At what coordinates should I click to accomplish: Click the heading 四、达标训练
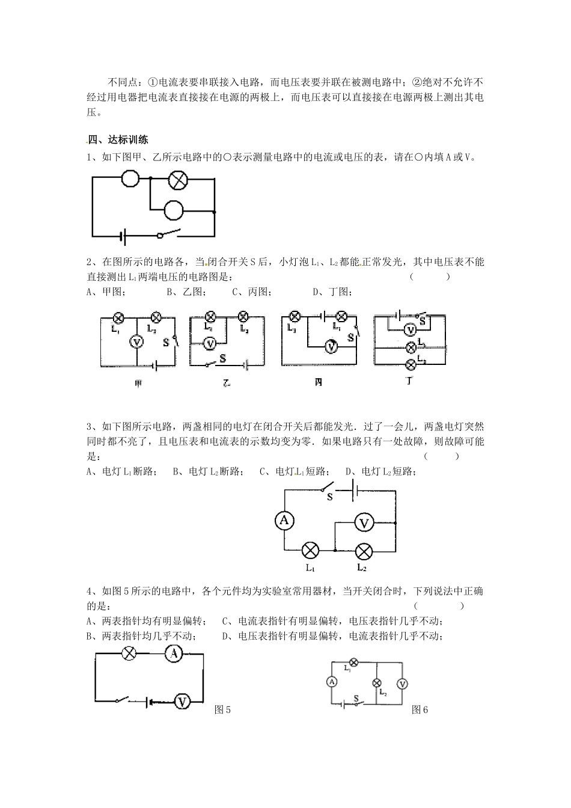point(118,141)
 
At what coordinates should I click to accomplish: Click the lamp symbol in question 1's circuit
point(178,179)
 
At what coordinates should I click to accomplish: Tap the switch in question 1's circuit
point(169,234)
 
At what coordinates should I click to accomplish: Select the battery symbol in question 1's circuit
point(124,236)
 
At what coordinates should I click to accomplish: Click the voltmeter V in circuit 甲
point(136,341)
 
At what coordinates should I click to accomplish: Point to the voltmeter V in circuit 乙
point(210,343)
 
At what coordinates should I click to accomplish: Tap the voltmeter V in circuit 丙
point(331,346)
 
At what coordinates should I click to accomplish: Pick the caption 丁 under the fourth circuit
point(410,381)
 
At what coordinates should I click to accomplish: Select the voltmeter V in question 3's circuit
point(364,523)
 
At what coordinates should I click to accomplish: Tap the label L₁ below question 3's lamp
point(310,567)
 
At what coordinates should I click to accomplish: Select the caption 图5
point(223,710)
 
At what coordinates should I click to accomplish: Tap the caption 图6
point(420,710)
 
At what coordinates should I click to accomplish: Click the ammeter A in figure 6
point(331,681)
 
